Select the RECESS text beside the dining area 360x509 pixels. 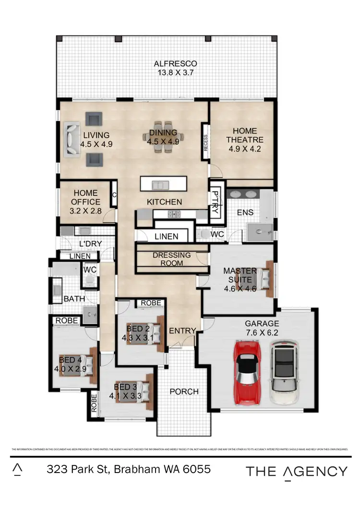(205, 143)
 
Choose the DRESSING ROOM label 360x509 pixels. (171, 259)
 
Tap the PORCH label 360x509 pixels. (184, 391)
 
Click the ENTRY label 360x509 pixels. (182, 331)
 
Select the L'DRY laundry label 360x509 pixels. (90, 244)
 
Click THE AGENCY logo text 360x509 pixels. (296, 471)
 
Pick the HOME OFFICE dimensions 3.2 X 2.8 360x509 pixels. (85, 210)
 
